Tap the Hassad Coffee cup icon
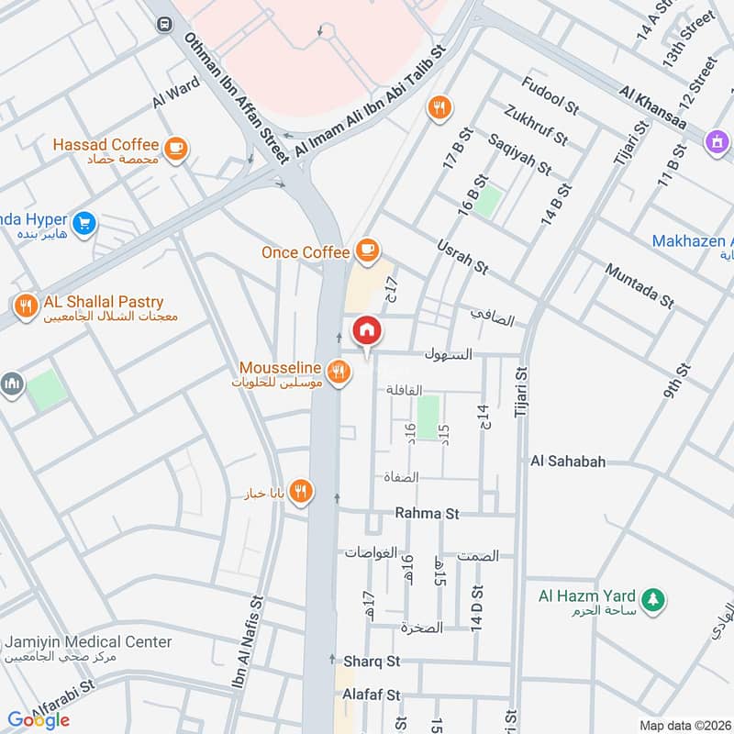pos(176,146)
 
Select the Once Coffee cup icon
pos(366,250)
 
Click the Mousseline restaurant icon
pos(339,371)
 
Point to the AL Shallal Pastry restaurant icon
pos(26,305)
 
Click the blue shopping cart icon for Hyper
pos(84,223)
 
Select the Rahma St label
pos(427,514)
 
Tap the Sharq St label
pos(373,661)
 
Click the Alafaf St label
pos(373,695)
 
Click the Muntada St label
pos(639,284)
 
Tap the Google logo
pos(39,720)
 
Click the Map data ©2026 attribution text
pos(684,725)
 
